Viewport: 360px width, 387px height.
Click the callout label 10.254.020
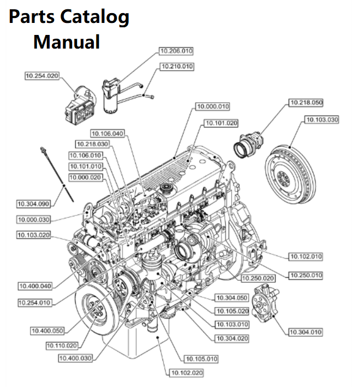(42, 76)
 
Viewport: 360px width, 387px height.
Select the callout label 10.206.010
(176, 51)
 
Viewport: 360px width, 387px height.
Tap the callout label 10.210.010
(176, 66)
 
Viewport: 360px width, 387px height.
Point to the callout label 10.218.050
(305, 102)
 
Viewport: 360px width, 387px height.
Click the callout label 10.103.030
(322, 119)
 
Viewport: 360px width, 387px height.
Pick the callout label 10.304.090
(33, 204)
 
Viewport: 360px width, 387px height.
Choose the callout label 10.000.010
(213, 106)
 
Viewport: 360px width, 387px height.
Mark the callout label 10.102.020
(186, 373)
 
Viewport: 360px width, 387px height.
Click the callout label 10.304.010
(305, 332)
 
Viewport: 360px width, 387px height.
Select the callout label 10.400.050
(47, 330)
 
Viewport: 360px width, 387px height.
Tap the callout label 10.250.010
(305, 275)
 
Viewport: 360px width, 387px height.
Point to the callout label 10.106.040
(107, 133)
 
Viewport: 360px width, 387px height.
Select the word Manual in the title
(67, 42)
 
